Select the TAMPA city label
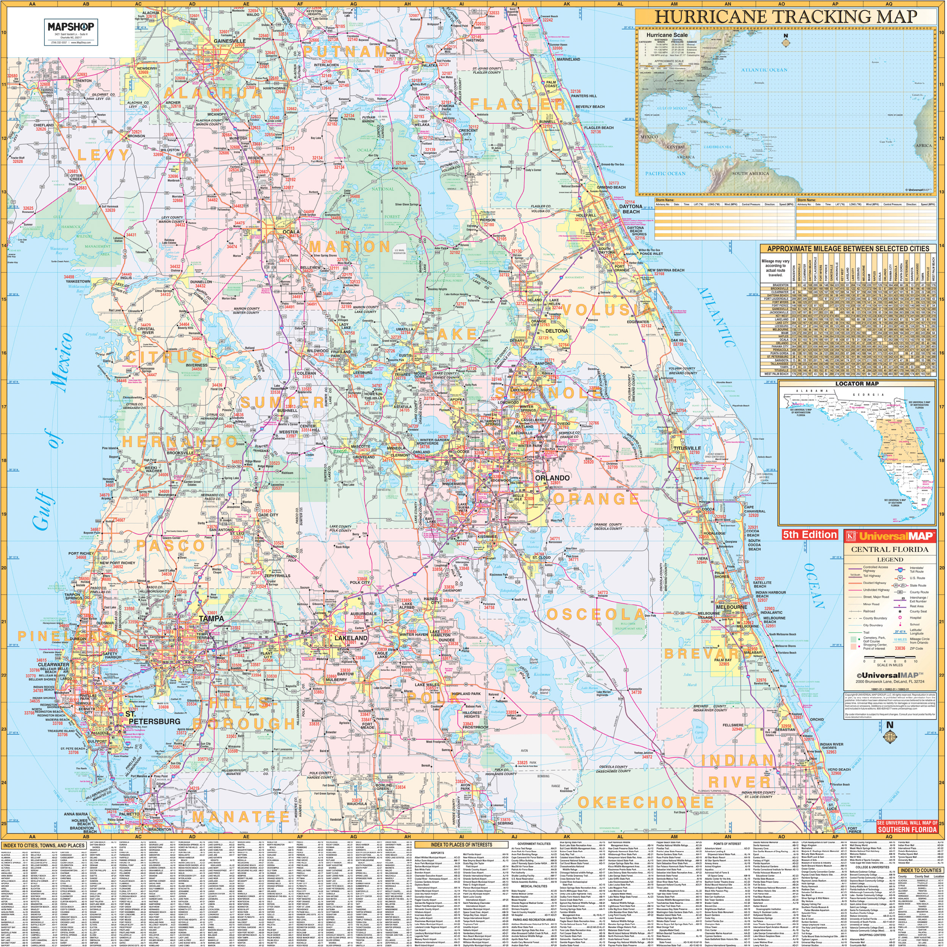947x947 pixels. pyautogui.click(x=211, y=619)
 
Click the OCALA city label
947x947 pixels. pyautogui.click(x=291, y=231)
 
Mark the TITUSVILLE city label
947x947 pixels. pyautogui.click(x=688, y=448)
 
